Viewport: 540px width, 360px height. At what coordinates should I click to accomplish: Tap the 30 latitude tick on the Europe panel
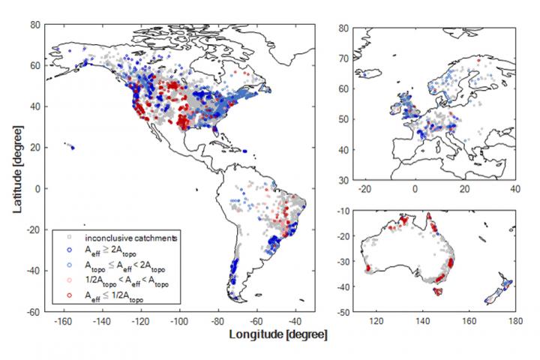pyautogui.click(x=344, y=181)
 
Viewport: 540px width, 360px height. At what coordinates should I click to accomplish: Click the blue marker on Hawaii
pyautogui.click(x=72, y=147)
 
